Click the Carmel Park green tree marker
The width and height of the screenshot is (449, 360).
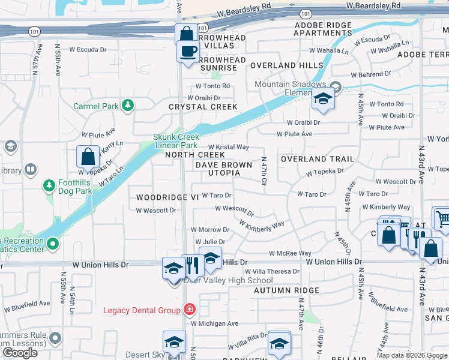tap(127, 106)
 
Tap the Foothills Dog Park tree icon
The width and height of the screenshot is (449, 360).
tap(49, 185)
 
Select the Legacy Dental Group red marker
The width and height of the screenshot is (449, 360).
tap(190, 310)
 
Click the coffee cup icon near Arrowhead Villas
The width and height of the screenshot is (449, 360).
tap(188, 51)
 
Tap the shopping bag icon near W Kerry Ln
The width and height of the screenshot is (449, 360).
tap(88, 157)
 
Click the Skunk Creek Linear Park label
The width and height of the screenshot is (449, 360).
tap(176, 141)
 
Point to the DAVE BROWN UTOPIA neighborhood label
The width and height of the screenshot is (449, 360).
tap(217, 168)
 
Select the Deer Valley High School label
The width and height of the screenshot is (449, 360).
tap(228, 280)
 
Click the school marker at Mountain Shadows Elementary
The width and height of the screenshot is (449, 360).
tap(323, 100)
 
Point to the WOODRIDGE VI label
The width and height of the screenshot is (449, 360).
tap(167, 197)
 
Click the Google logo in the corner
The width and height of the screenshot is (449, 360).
tap(20, 353)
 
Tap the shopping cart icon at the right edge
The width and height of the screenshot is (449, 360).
tap(442, 218)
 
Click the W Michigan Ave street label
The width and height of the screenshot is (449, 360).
tap(214, 323)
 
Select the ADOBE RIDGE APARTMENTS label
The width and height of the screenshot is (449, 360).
tap(323, 29)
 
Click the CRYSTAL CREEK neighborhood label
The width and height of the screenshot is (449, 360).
tap(203, 107)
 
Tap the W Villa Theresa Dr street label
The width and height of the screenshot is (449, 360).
tap(272, 272)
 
